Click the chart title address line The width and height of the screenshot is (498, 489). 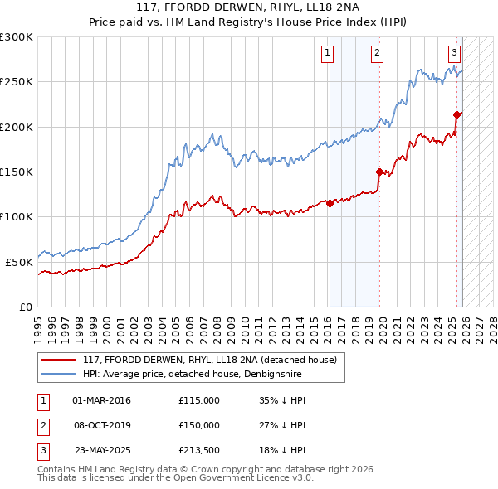tap(249, 8)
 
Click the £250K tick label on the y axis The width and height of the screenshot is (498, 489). tap(17, 82)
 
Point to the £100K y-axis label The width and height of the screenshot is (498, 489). tap(17, 216)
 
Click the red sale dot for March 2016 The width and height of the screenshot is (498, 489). tap(330, 203)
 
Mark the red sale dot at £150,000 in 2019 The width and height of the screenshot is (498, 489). tap(380, 172)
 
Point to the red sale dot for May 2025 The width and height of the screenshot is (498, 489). tap(457, 114)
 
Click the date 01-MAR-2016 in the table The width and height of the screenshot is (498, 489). tap(101, 400)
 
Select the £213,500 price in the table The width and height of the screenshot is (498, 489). tap(199, 452)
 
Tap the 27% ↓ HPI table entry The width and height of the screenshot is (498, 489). tap(282, 426)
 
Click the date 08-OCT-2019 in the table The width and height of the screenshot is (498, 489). tap(101, 426)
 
